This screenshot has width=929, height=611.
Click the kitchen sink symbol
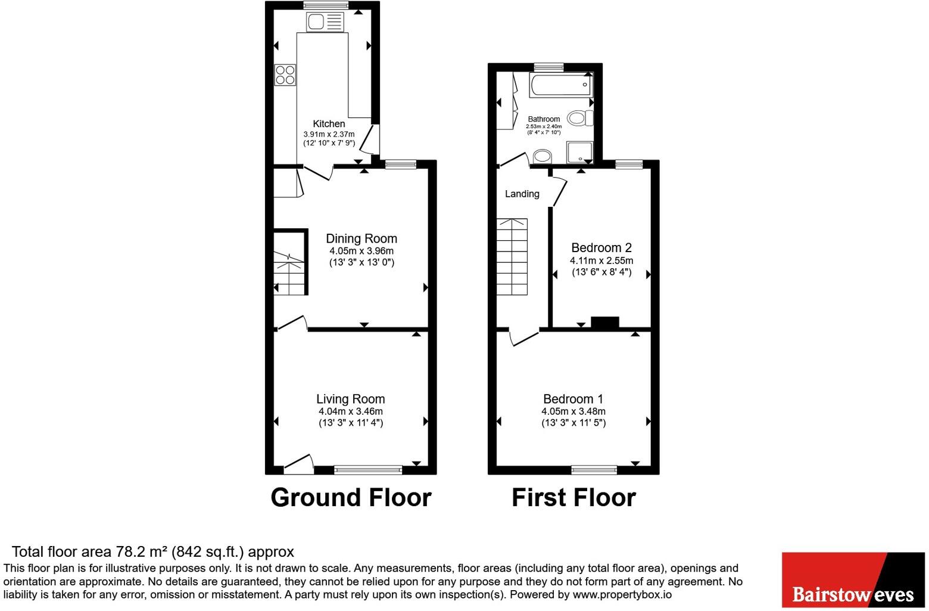click(325, 21)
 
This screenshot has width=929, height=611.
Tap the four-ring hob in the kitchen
click(285, 75)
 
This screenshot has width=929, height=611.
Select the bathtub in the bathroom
click(561, 85)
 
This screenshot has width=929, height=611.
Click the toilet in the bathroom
click(580, 118)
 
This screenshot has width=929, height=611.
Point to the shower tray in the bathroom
click(580, 153)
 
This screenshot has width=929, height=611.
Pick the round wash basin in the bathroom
click(542, 157)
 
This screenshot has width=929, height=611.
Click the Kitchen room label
click(329, 124)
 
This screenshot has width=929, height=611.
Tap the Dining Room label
click(361, 238)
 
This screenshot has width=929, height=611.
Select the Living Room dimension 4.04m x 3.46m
click(351, 411)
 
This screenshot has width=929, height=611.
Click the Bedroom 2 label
click(601, 248)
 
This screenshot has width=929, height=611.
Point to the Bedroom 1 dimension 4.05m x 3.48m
click(573, 411)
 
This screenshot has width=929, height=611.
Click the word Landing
click(522, 194)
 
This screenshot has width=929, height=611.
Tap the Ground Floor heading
click(351, 497)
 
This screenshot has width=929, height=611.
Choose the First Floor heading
click(573, 497)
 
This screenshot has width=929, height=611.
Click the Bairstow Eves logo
click(853, 580)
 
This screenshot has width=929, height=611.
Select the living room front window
click(368, 470)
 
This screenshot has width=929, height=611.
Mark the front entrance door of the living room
click(298, 465)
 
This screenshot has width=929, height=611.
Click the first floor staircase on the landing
click(512, 256)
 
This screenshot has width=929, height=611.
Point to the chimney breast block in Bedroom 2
click(604, 322)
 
